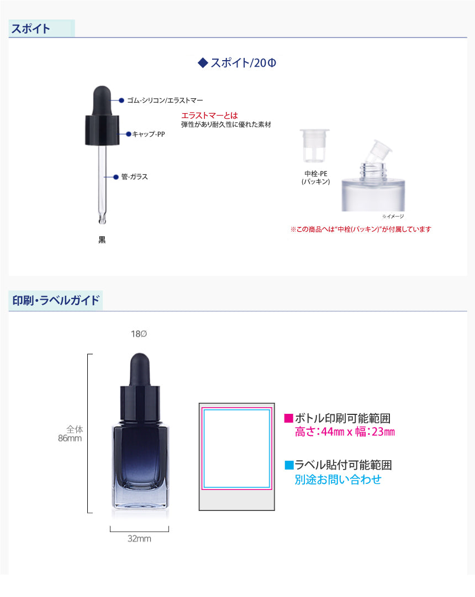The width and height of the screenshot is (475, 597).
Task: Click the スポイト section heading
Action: [30, 29]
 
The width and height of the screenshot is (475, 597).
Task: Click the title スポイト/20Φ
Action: [243, 63]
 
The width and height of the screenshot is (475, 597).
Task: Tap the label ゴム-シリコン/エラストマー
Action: [165, 100]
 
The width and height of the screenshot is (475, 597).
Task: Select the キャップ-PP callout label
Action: [149, 134]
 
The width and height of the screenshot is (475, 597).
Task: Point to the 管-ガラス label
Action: [135, 177]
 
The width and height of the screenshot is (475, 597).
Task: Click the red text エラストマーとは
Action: [209, 115]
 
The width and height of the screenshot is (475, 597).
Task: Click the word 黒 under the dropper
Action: [102, 239]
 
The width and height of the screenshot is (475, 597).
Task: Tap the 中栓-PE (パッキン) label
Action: [315, 178]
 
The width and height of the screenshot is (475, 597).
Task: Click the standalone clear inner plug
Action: [314, 145]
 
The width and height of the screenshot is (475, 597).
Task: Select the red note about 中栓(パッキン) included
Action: [361, 229]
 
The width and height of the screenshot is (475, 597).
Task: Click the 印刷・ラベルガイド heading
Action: [56, 300]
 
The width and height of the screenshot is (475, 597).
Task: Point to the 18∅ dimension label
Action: [139, 334]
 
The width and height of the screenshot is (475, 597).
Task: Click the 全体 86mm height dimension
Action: [70, 434]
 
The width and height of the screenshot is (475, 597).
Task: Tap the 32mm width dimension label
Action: [139, 539]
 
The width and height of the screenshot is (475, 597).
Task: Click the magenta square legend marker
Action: [288, 418]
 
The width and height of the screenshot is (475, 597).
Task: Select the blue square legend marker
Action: [289, 465]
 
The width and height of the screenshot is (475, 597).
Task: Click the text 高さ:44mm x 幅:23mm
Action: [345, 432]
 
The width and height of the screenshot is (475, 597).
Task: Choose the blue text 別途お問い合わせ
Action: [338, 479]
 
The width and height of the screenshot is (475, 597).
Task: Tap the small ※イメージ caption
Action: [393, 216]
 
